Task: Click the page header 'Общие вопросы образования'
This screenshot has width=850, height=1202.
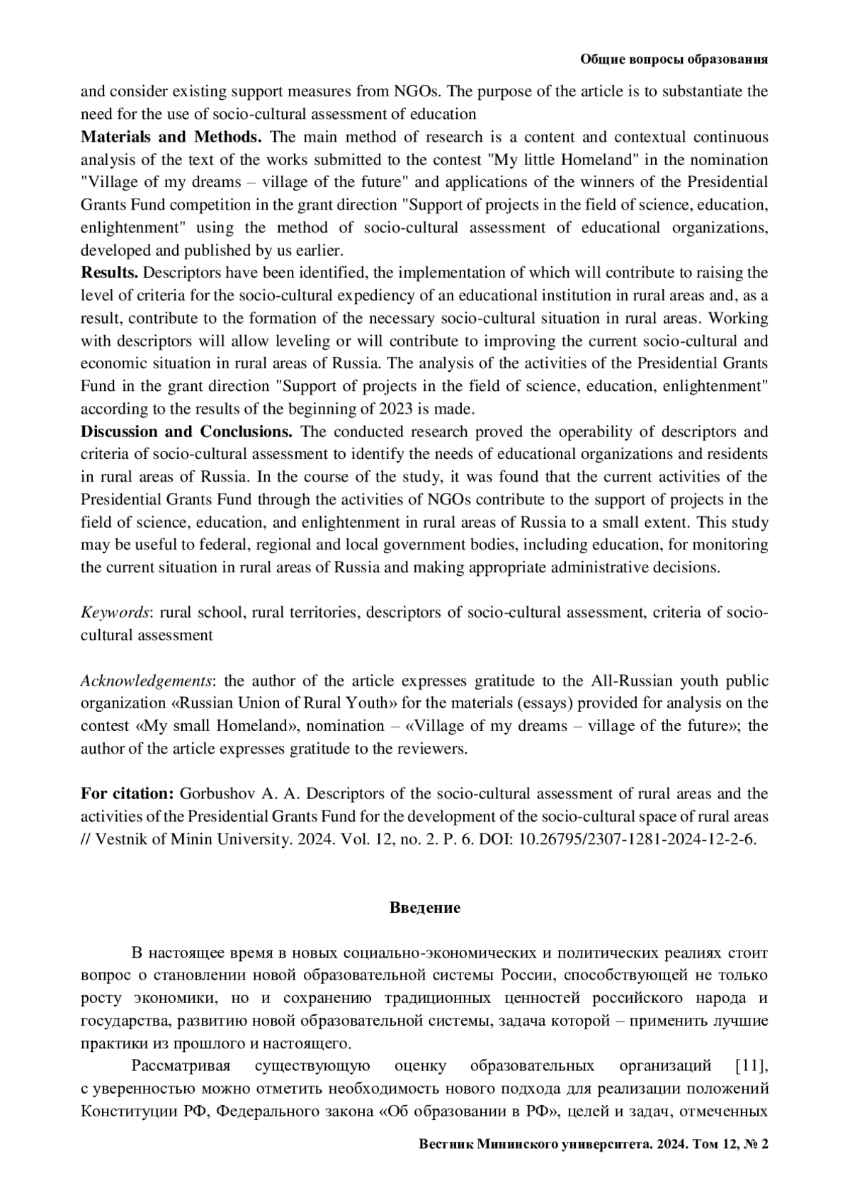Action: (x=674, y=59)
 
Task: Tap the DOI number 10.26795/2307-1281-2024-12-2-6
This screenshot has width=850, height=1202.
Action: (x=637, y=839)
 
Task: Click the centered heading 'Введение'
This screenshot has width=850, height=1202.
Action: (x=425, y=907)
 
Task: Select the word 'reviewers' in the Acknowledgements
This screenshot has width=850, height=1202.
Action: (x=435, y=749)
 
